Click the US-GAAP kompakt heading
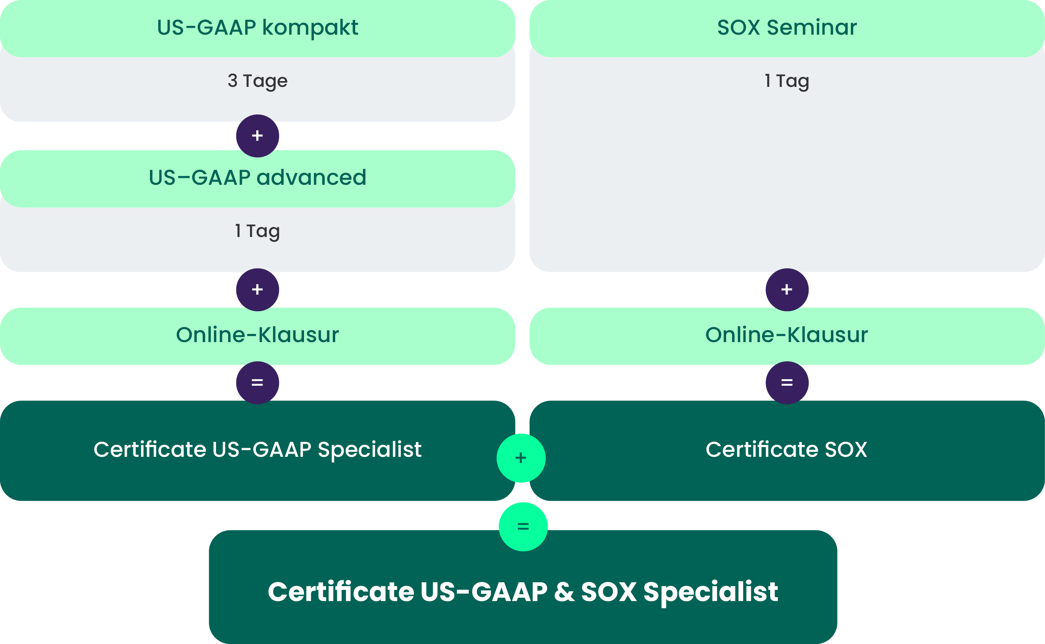pos(257,28)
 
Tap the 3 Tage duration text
pos(257,81)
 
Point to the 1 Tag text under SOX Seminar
pos(787,81)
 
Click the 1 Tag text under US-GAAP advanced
pos(257,231)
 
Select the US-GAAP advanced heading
pos(257,177)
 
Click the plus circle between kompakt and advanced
pos(257,136)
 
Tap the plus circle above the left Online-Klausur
pos(257,290)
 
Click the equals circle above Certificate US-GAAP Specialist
pos(257,383)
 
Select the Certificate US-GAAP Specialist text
pos(257,450)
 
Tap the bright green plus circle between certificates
pos(521,458)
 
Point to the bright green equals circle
pos(523,527)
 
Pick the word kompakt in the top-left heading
pos(310,28)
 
